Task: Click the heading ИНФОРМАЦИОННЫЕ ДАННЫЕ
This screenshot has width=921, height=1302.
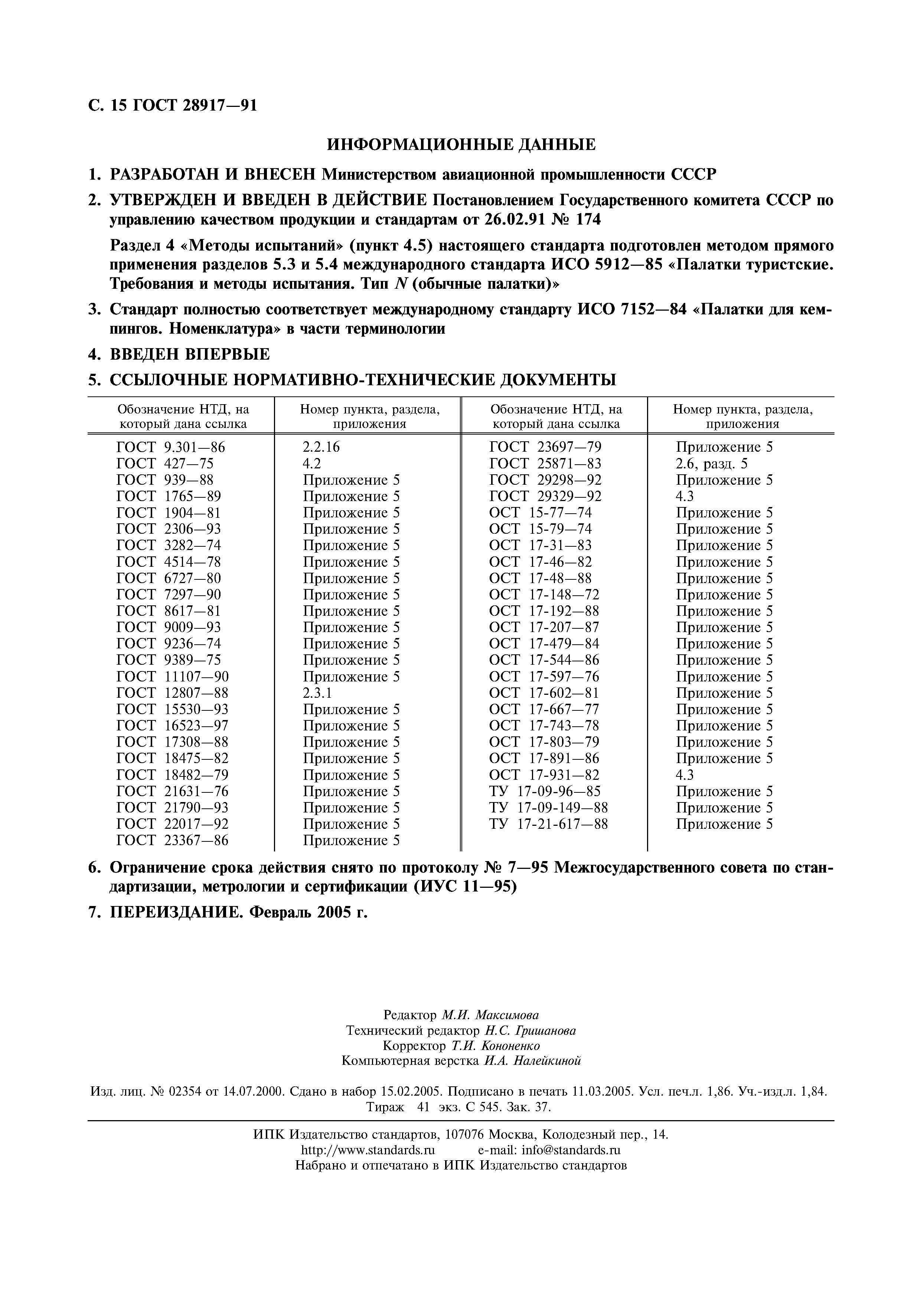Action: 461,145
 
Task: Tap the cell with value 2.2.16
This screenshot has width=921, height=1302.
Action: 321,447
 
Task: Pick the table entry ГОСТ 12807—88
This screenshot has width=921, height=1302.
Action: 172,693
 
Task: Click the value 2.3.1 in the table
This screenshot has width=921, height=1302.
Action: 318,693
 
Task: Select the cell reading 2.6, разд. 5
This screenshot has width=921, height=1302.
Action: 711,464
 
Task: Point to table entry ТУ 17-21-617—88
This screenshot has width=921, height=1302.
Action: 548,824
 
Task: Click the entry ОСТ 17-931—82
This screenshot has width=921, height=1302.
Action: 544,775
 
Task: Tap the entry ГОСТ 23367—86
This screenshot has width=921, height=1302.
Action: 172,840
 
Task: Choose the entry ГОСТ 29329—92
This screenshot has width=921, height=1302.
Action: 545,496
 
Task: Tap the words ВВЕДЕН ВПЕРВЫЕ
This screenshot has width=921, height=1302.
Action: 189,355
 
